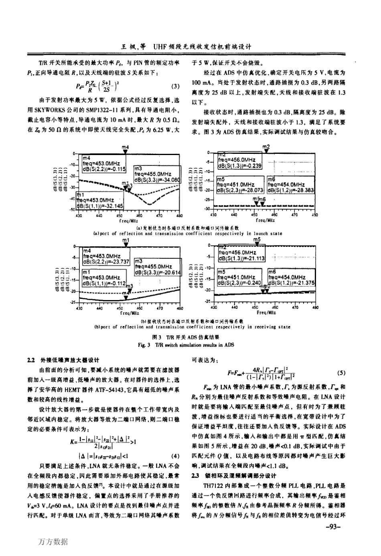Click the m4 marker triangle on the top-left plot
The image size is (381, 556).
126,152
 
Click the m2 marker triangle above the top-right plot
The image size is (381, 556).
266,151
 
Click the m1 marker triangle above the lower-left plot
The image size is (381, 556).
126,245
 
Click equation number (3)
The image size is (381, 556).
175,87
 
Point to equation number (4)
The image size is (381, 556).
175,455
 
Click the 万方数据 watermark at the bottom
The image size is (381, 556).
53,542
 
